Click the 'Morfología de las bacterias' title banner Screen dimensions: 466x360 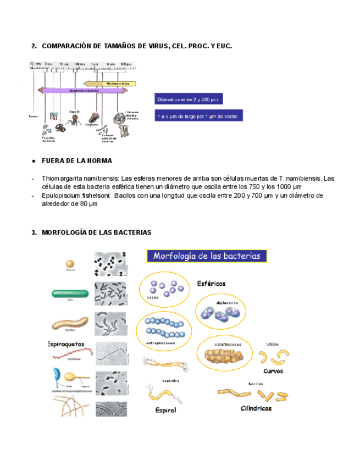207,256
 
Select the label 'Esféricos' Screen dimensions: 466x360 211,284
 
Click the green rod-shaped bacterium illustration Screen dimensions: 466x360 70,294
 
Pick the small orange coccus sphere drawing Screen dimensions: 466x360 70,264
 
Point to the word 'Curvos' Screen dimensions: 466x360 273,371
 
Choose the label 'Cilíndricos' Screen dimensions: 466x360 256,409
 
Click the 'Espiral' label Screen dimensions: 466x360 165,410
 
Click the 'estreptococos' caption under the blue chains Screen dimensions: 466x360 160,343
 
